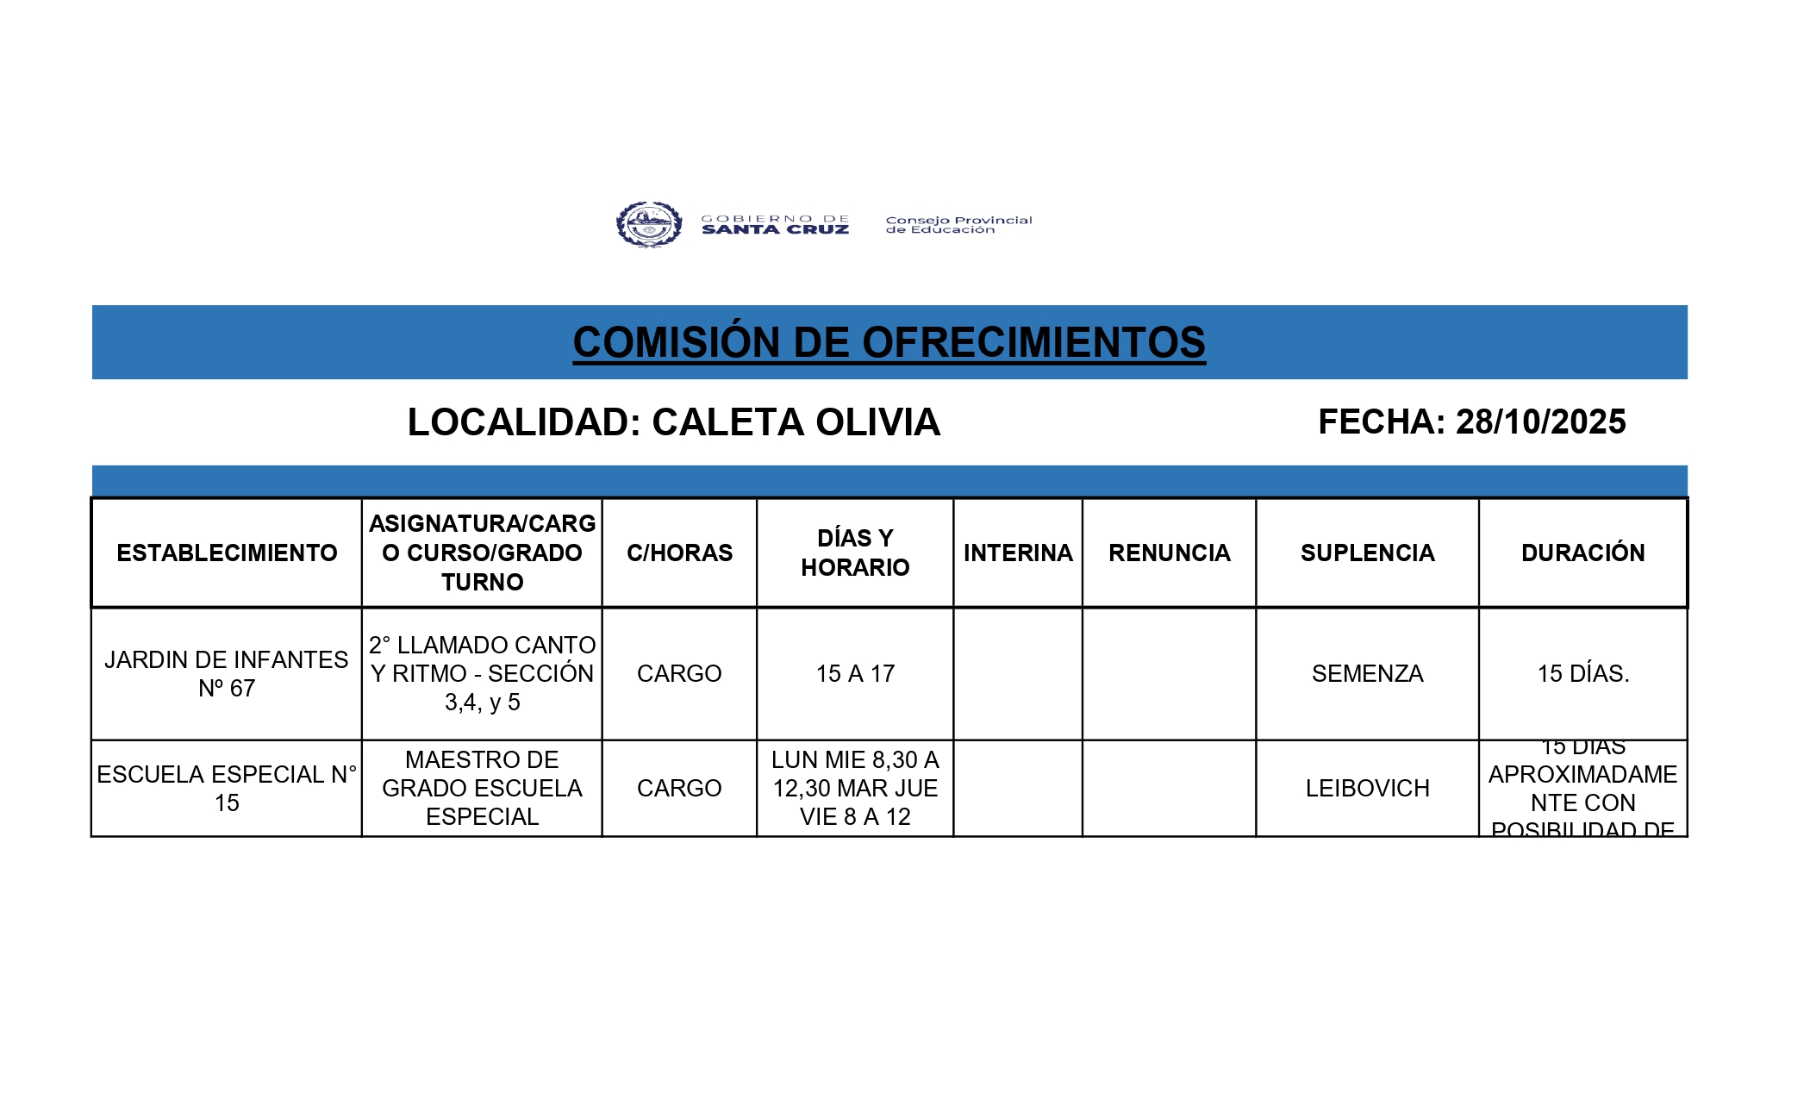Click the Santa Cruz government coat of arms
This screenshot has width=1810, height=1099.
point(649,225)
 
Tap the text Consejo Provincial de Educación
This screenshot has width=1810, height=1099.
point(958,225)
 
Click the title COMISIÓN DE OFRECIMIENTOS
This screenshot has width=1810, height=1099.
point(889,342)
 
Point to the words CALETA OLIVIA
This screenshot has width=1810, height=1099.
point(796,422)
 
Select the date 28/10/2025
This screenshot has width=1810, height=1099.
point(1540,422)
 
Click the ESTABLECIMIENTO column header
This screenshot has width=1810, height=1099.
point(227,553)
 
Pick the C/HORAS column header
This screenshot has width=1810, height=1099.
point(679,553)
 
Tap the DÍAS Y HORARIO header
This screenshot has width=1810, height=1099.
point(855,553)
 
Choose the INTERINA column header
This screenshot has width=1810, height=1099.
point(1018,553)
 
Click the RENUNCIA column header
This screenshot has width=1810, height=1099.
point(1169,553)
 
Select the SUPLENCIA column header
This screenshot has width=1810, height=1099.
point(1367,553)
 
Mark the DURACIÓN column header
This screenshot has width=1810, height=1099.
point(1582,553)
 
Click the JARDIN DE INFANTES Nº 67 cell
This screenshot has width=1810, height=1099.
point(227,674)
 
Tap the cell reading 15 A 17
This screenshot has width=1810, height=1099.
point(855,674)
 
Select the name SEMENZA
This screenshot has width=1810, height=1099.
point(1367,674)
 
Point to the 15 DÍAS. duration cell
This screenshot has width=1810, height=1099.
point(1582,674)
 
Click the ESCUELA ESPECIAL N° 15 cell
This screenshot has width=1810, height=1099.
point(227,788)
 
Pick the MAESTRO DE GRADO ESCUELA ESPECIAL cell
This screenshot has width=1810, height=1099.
point(482,788)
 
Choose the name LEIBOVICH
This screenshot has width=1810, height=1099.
point(1367,788)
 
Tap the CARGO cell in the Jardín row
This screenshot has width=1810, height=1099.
point(679,674)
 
